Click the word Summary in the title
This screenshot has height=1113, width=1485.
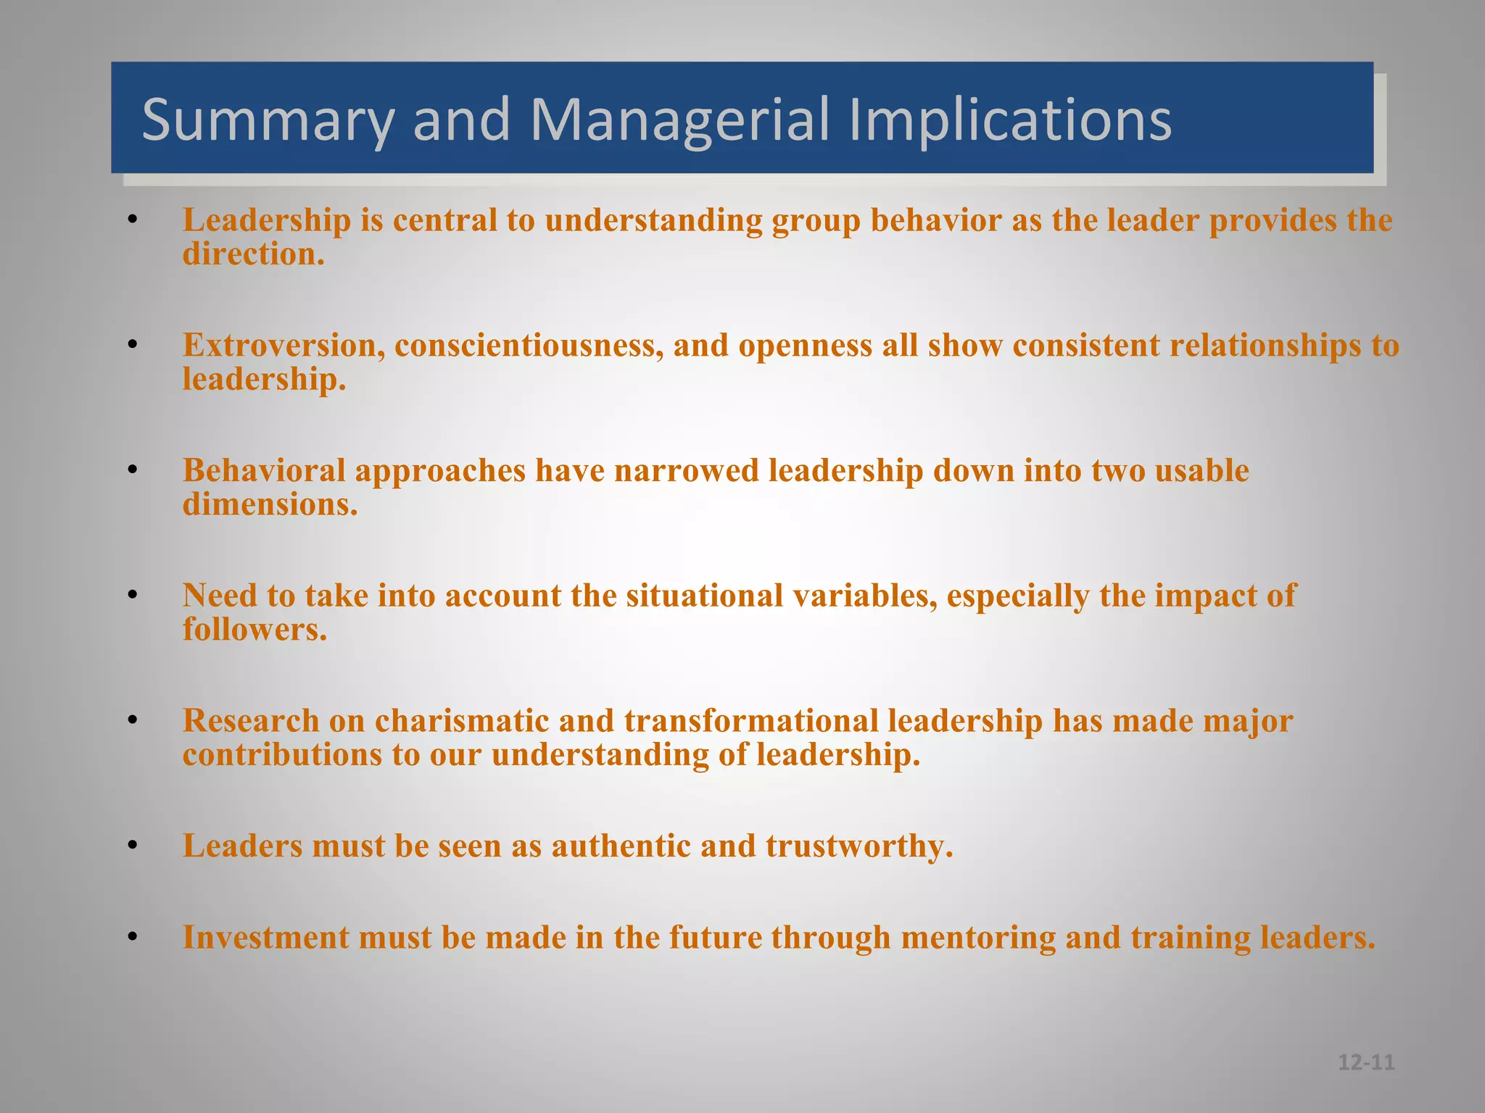click(268, 120)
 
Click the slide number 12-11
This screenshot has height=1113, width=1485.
click(1366, 1062)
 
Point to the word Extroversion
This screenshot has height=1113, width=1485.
click(284, 345)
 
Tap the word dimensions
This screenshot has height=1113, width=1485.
click(270, 504)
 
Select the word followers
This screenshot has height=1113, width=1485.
click(255, 629)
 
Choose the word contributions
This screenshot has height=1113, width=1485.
click(282, 755)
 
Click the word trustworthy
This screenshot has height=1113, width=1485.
click(859, 846)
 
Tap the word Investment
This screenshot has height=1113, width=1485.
click(265, 938)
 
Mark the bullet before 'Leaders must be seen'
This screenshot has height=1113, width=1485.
click(132, 846)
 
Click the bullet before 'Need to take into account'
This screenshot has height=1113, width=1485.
click(132, 596)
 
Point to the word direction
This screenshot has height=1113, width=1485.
click(253, 254)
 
